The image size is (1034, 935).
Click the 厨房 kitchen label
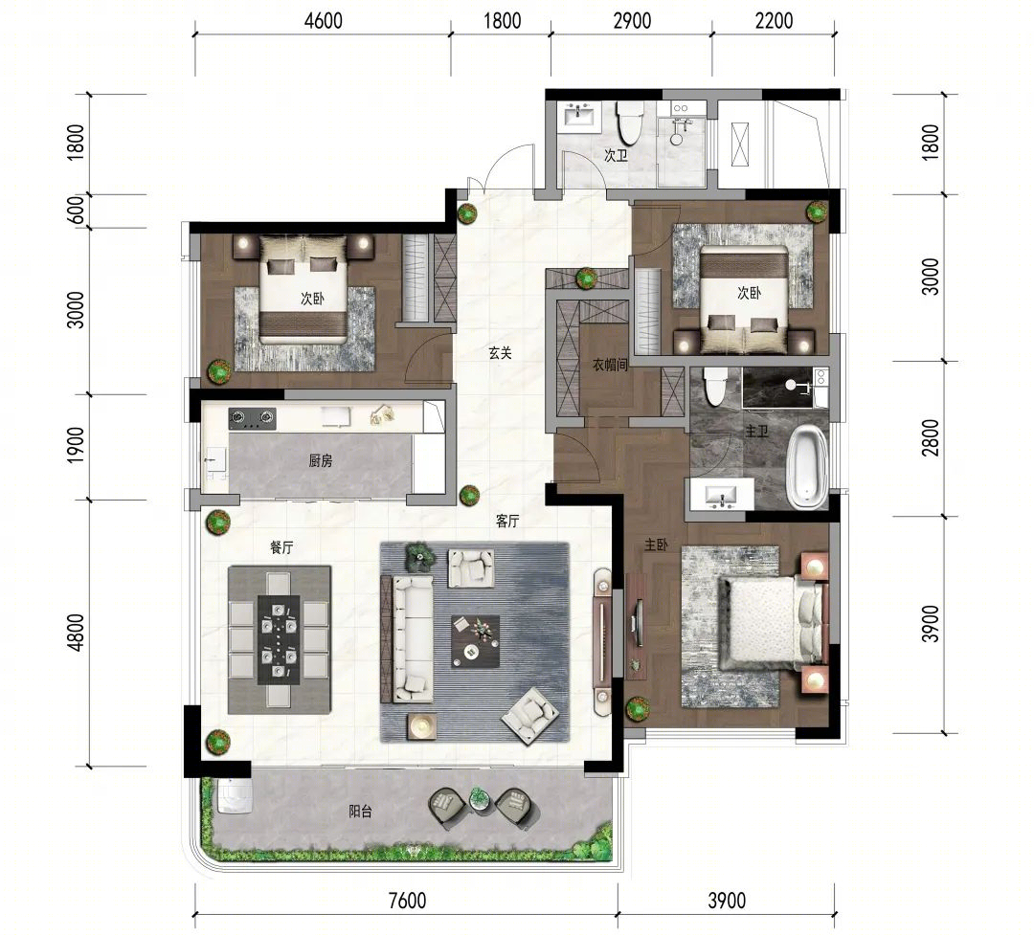point(320,461)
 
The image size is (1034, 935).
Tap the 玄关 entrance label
point(500,353)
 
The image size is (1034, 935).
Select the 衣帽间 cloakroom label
point(610,365)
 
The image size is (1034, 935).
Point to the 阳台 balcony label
point(360,811)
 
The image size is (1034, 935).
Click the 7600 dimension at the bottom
point(407,900)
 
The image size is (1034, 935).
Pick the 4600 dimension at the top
point(324,21)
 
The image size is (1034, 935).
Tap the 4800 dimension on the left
point(77,633)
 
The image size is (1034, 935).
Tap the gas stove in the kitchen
point(252,417)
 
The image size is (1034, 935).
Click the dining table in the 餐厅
point(279,639)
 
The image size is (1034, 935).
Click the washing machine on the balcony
point(235,796)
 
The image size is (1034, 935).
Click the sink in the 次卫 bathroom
point(579,116)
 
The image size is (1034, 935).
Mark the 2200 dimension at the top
point(774,21)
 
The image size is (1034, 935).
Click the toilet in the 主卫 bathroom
point(714,387)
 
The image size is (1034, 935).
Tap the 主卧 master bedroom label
point(656,545)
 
